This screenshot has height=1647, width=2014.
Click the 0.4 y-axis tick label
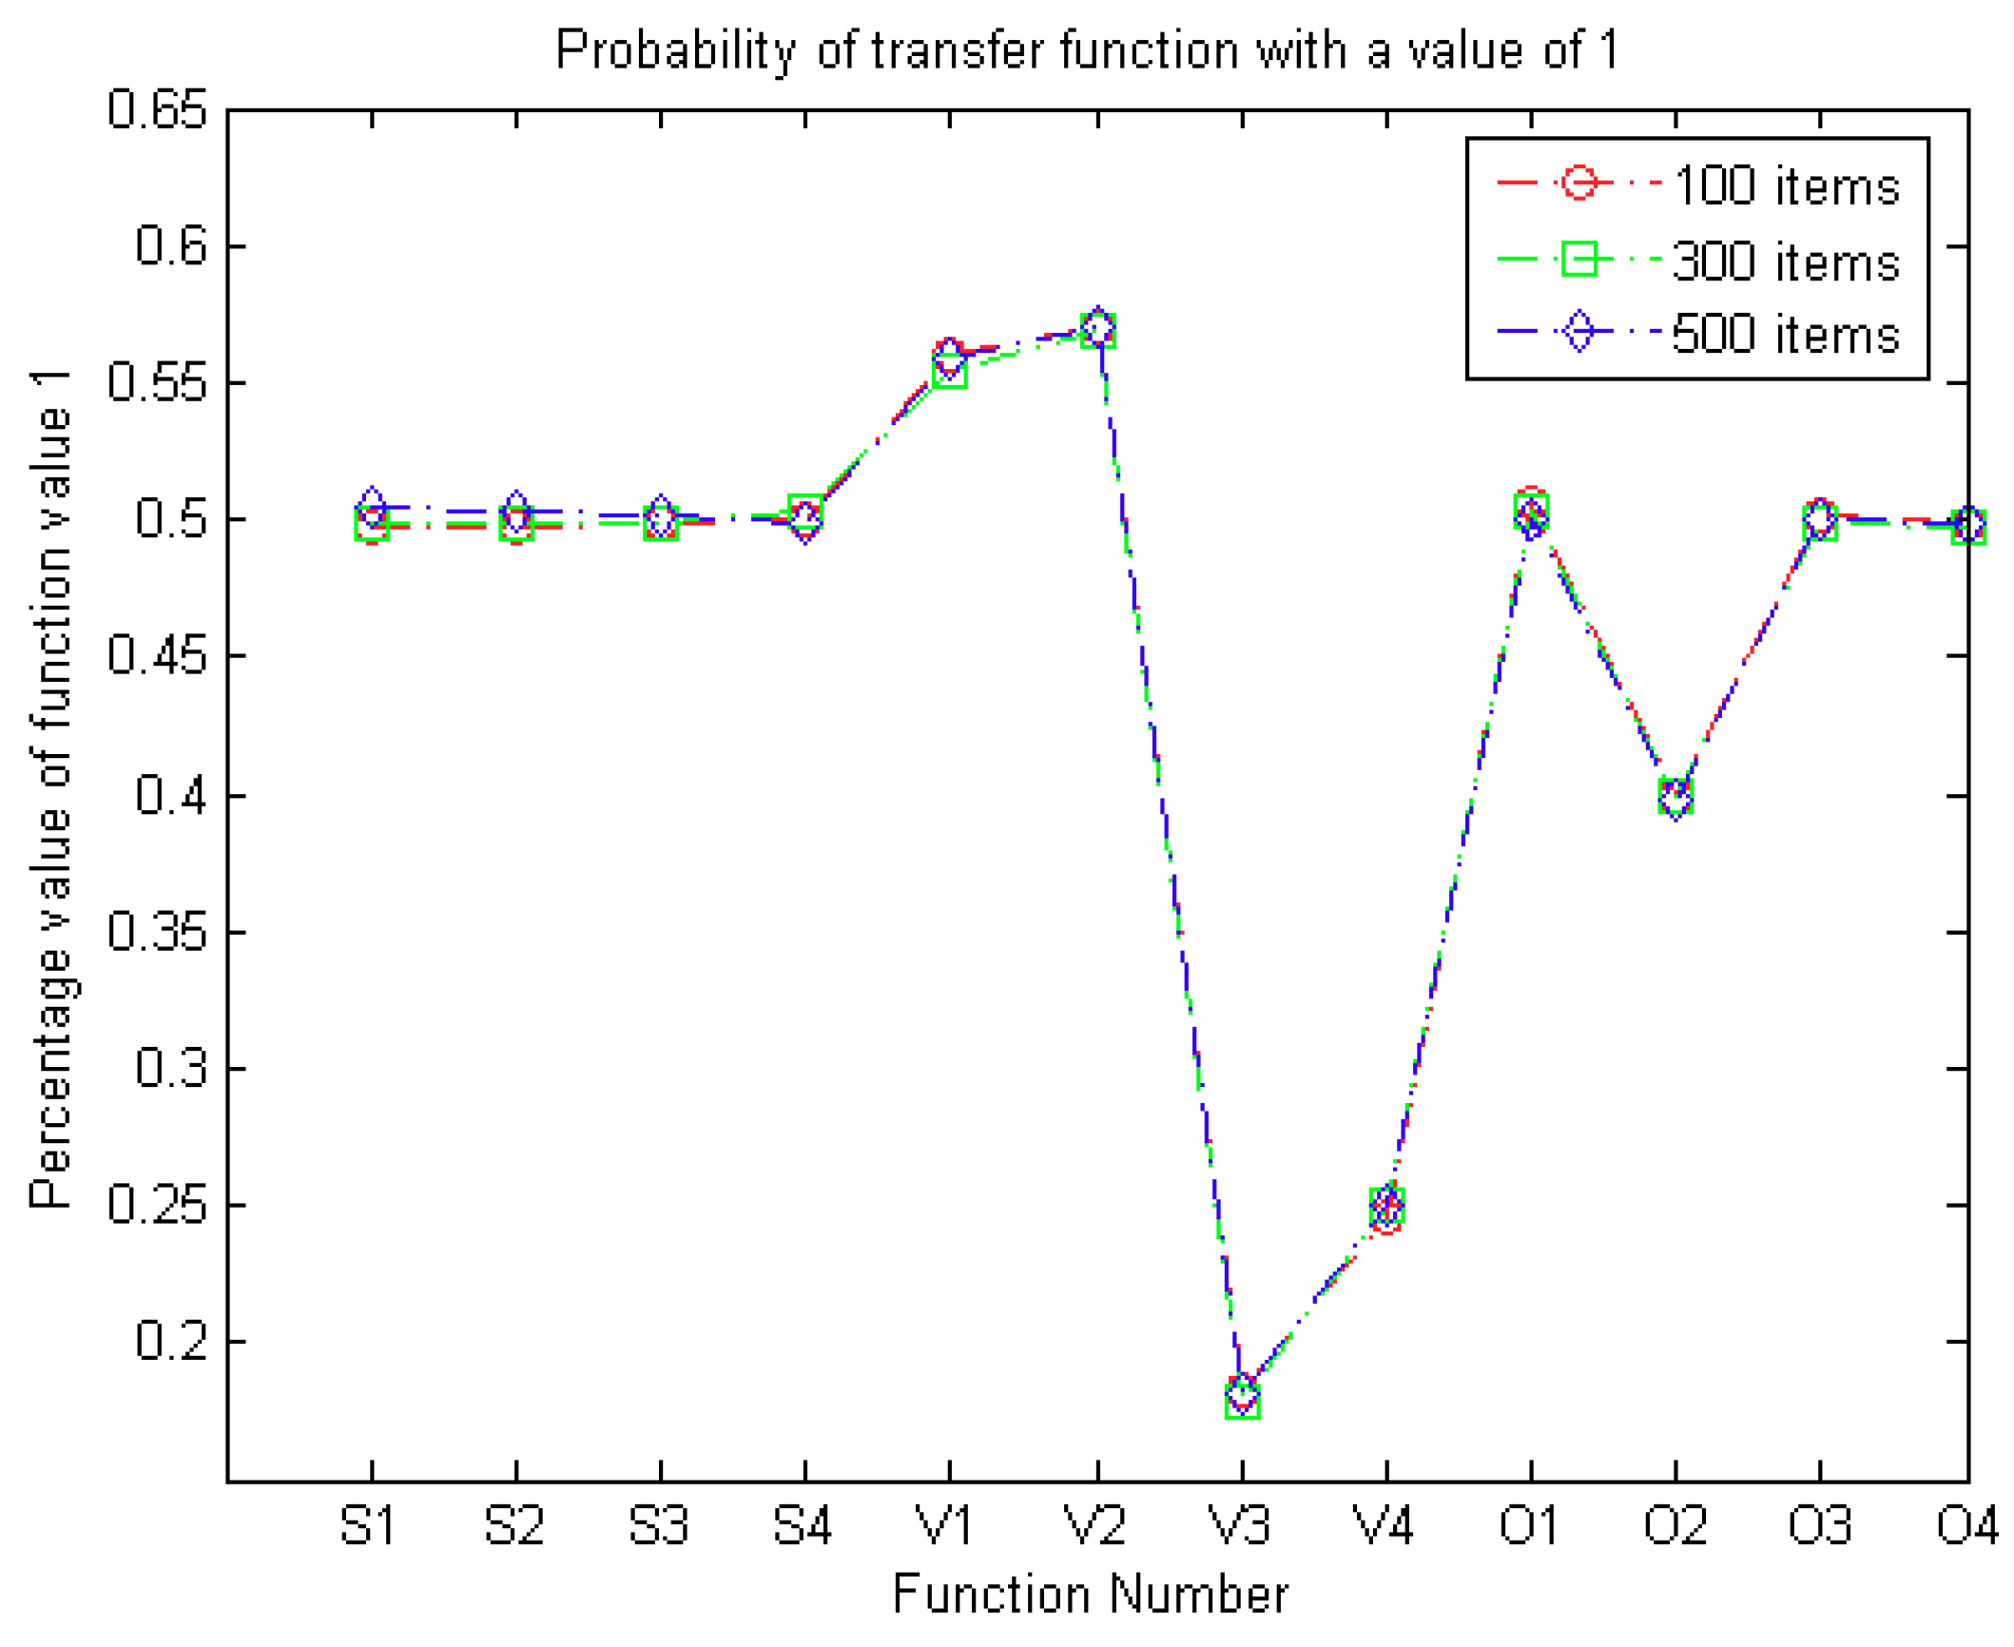[171, 795]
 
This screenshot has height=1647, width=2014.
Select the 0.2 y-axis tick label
[171, 1341]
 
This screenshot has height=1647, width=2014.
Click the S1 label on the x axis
[368, 1526]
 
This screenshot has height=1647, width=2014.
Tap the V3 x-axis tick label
[1239, 1526]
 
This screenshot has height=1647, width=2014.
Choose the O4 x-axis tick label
[1966, 1526]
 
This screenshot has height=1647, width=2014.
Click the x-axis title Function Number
[1091, 1595]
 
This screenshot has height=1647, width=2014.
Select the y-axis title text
[49, 789]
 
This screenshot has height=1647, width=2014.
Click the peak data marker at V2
[1097, 329]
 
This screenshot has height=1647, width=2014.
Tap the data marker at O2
[1675, 795]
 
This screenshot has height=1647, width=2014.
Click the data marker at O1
[1530, 512]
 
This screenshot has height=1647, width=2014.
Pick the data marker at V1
[949, 363]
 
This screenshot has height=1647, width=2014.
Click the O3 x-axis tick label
[1819, 1526]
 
